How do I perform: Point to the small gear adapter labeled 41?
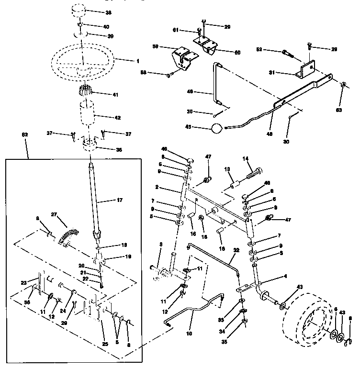pos(84,91)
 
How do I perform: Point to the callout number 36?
pos(119,149)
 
